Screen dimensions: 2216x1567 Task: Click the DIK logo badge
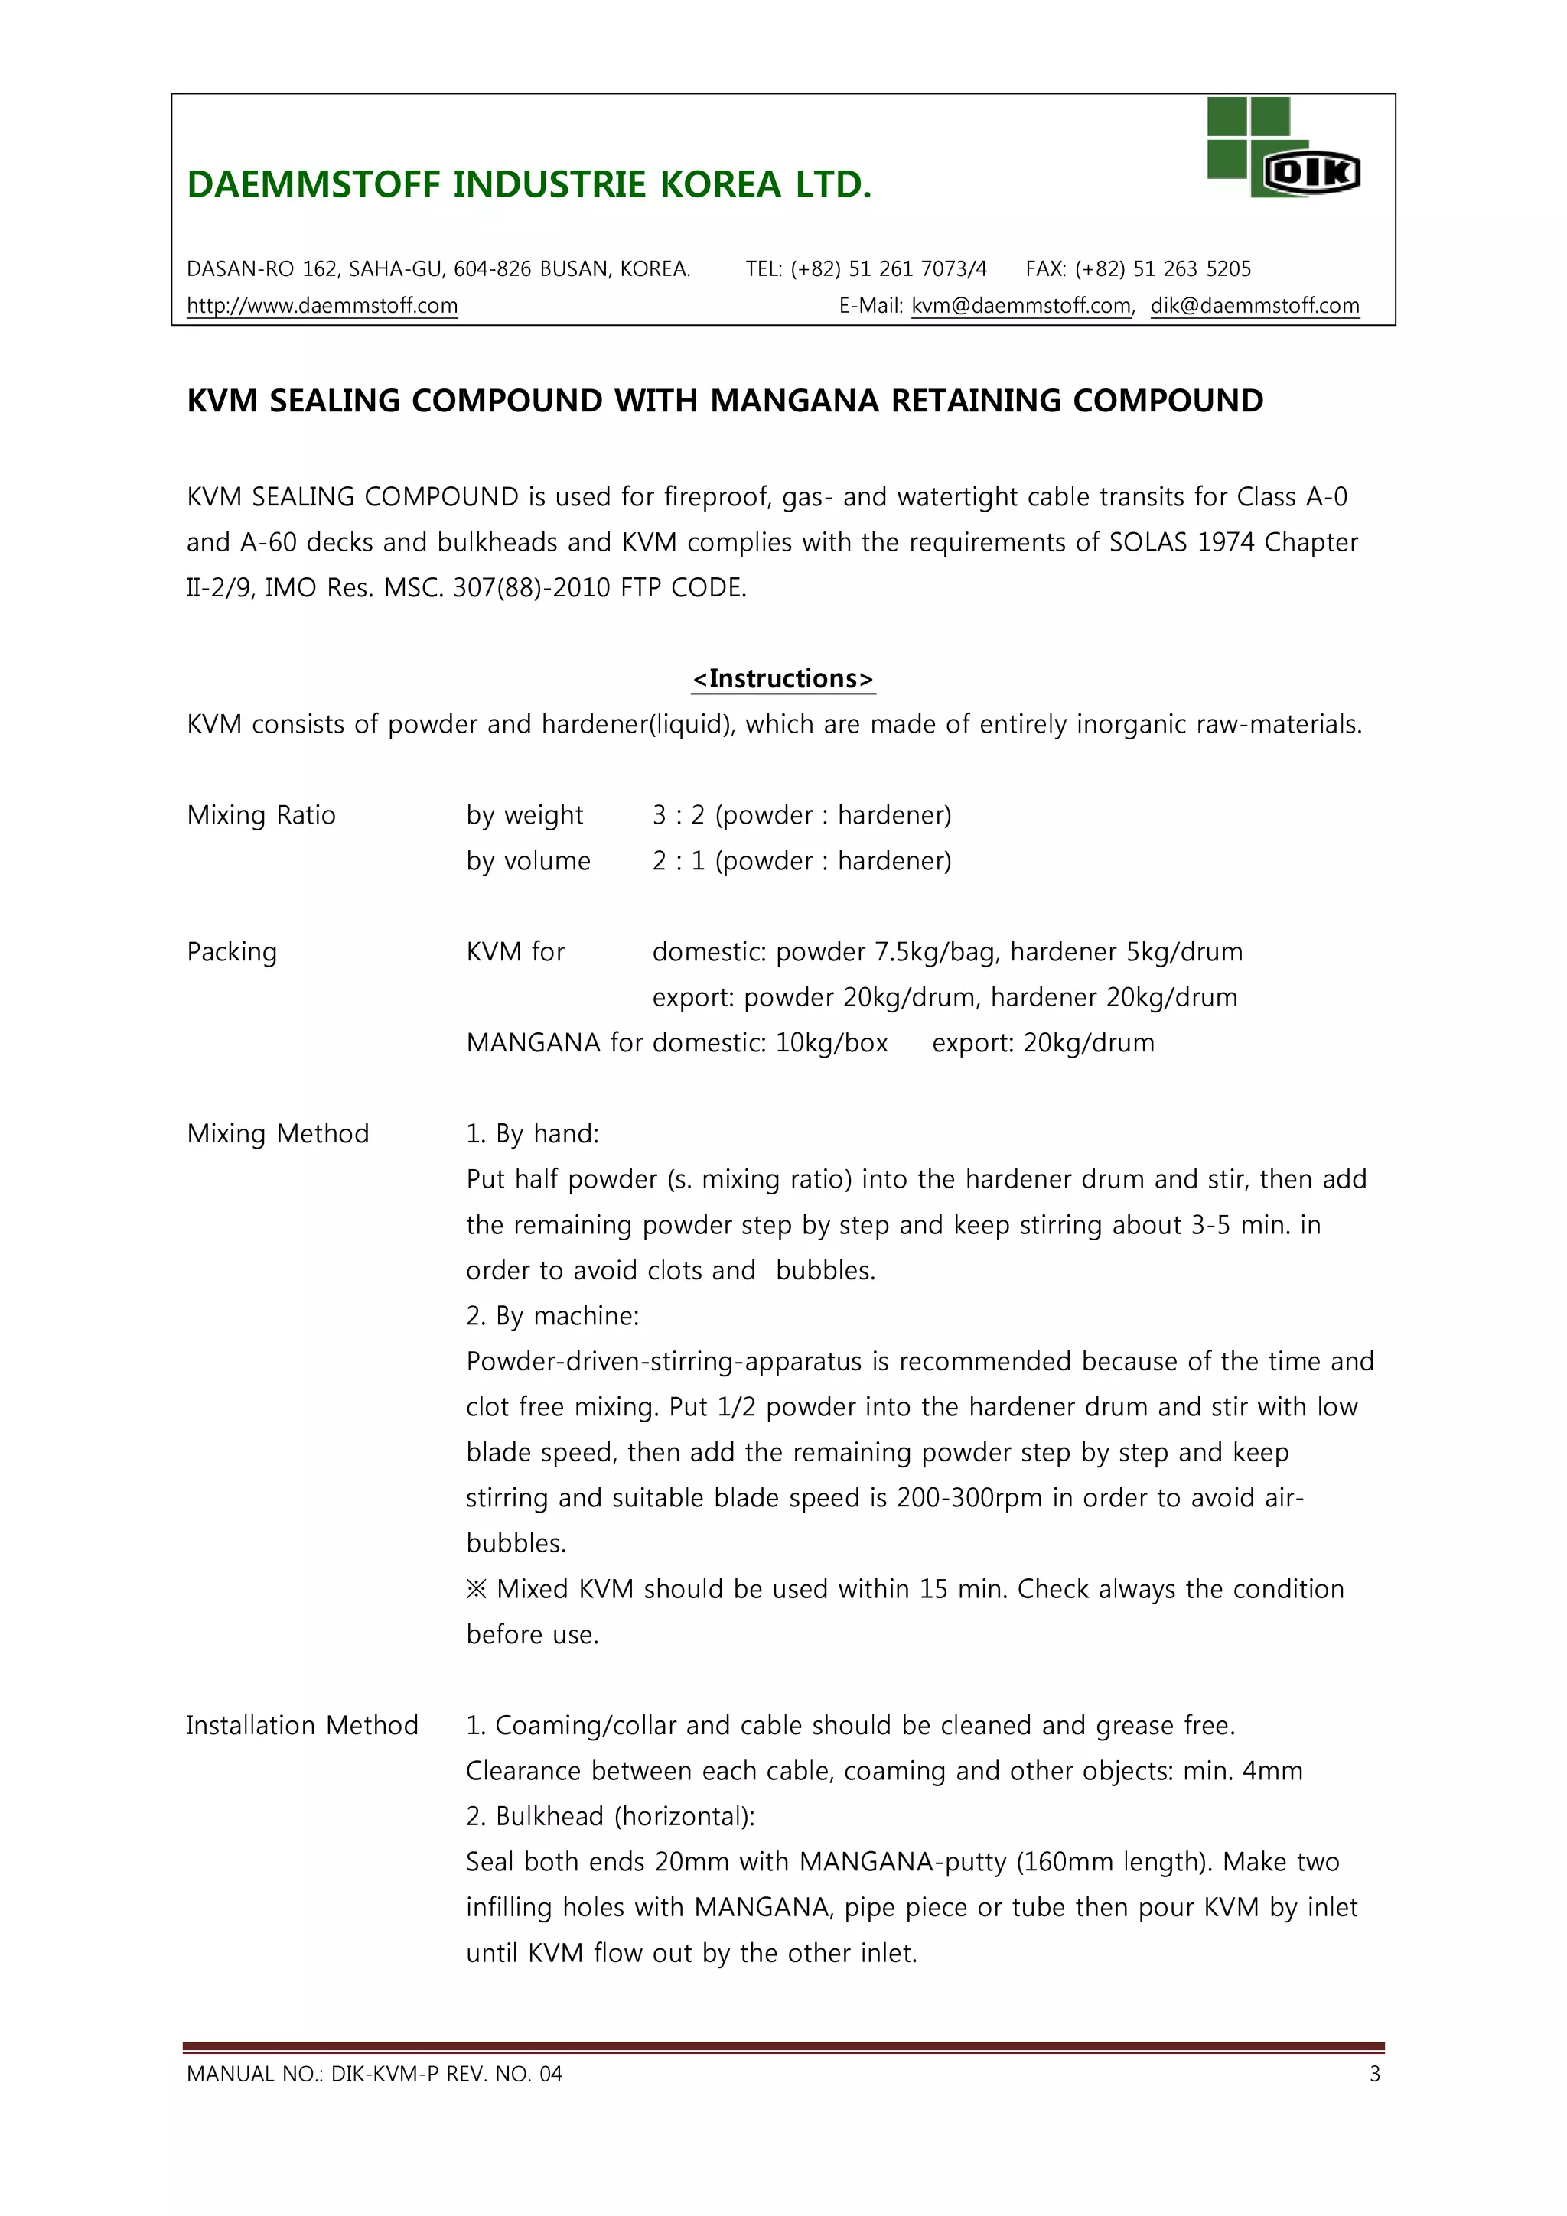[x=1311, y=174]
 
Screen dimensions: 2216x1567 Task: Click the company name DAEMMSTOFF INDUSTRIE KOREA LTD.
[x=529, y=184]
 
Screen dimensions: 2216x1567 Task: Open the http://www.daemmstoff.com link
[x=321, y=306]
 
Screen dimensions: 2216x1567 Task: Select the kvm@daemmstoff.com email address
[x=1021, y=306]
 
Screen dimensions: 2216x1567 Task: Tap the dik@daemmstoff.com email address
[x=1254, y=306]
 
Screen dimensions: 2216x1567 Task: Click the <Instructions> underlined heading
[x=783, y=678]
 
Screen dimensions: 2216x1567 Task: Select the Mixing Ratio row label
[x=261, y=816]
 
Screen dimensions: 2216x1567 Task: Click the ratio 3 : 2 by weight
[x=679, y=816]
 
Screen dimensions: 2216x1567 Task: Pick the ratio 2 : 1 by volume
[x=679, y=861]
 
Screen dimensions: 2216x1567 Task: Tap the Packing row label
[x=232, y=953]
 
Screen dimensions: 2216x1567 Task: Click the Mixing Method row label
[x=278, y=1134]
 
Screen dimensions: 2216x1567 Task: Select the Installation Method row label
[x=302, y=1726]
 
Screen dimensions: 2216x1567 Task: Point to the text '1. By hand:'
[x=532, y=1134]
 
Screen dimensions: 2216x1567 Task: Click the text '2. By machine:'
[x=552, y=1317]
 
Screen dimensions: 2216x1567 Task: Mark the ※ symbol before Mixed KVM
[x=476, y=1590]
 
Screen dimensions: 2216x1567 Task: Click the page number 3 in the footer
[x=1375, y=2074]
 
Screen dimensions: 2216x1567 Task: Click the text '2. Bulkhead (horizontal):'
[x=610, y=1816]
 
